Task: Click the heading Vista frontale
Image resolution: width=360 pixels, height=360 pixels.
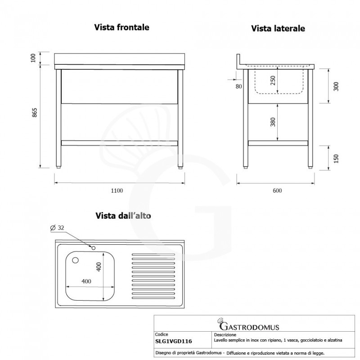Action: click(121, 27)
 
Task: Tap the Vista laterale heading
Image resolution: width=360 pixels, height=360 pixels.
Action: click(278, 28)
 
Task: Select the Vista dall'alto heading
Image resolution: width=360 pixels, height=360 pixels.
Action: click(122, 216)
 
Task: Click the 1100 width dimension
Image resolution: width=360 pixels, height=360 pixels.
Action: click(117, 190)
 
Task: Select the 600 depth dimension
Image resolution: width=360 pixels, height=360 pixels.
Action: click(277, 190)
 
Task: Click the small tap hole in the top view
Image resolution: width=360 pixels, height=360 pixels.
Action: click(94, 247)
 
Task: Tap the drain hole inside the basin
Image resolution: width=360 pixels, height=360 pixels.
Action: click(76, 260)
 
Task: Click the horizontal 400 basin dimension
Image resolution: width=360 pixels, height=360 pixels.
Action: click(86, 281)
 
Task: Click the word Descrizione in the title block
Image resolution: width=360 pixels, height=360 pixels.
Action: click(224, 335)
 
